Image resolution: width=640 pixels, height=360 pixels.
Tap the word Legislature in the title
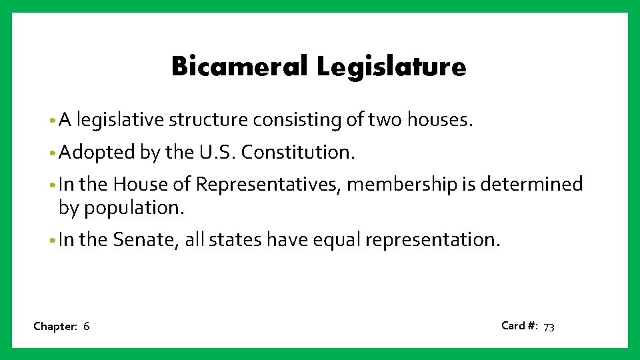391,67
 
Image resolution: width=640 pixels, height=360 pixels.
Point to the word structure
208,120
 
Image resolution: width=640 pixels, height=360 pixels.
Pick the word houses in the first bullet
439,120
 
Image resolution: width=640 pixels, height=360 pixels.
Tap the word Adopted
97,153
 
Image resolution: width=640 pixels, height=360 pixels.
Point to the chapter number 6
87,327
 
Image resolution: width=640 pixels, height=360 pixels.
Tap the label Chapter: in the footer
55,327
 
